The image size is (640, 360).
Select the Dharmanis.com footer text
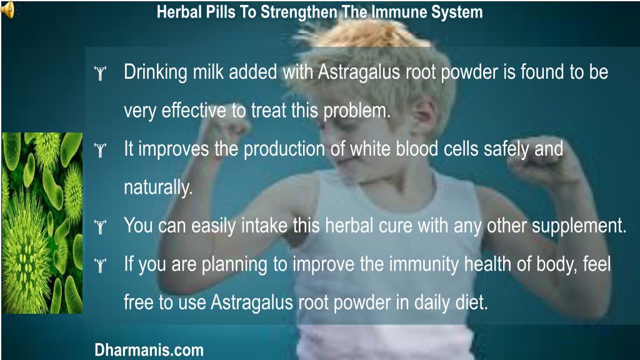[x=149, y=349]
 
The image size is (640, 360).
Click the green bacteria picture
[x=42, y=222]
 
